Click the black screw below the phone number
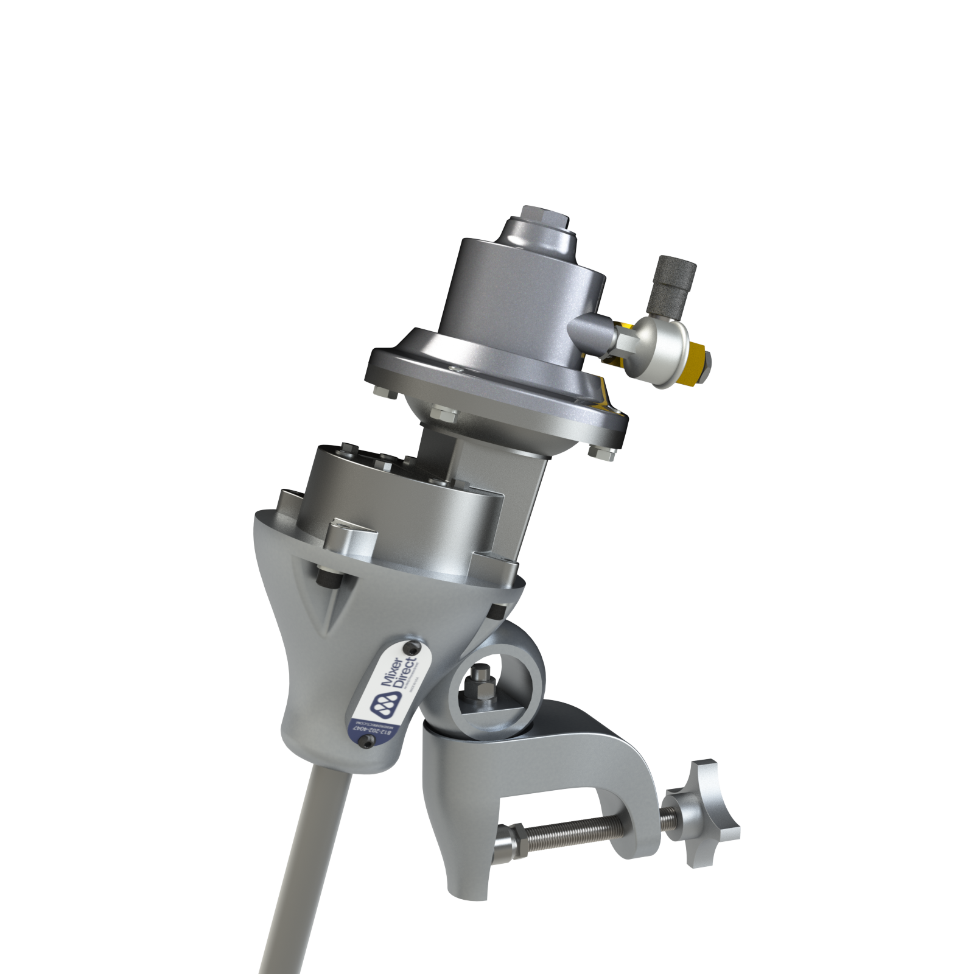point(366,740)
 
